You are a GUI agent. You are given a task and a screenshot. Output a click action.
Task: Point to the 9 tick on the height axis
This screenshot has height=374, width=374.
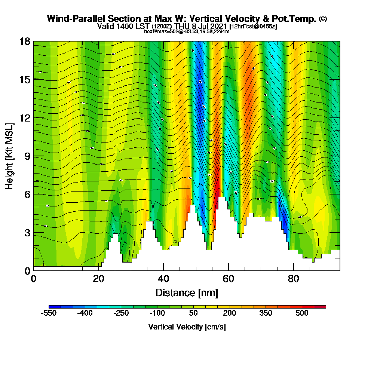pos(27,156)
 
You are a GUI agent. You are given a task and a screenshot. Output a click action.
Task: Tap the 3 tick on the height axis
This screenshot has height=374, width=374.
pos(27,233)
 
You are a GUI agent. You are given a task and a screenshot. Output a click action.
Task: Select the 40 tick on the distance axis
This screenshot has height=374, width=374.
pos(163,279)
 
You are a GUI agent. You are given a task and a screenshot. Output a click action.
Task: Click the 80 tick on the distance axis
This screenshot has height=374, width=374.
pos(294,279)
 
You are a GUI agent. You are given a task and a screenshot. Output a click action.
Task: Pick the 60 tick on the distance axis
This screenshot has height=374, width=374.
pos(229,279)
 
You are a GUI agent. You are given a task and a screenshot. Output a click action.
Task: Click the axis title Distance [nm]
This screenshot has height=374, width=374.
pos(187,292)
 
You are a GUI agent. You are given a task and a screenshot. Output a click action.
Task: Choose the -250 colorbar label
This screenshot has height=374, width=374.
pos(121,313)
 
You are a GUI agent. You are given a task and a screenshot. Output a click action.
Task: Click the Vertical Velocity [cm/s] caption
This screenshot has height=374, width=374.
pos(187,327)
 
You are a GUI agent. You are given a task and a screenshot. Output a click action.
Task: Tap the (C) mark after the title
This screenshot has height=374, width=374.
pos(323,19)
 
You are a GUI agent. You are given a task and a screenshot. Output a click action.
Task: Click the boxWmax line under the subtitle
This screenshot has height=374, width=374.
pos(187,31)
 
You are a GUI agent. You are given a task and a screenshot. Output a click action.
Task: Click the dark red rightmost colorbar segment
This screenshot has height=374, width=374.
pos(322,307)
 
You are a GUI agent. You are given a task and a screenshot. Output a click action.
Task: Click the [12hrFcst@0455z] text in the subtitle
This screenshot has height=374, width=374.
pos(253,27)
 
